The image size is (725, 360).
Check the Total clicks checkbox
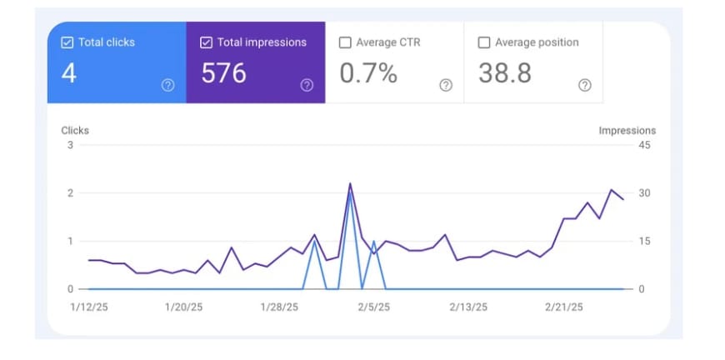point(67,42)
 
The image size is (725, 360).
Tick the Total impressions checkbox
point(207,42)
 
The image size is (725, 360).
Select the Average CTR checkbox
point(345,42)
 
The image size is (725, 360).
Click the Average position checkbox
point(484,42)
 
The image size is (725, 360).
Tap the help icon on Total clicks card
point(167,85)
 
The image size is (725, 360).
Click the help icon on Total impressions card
point(307,85)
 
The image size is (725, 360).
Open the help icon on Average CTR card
point(446,85)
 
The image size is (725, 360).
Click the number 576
point(224,73)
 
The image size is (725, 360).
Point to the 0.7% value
point(367,73)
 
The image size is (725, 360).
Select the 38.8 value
point(505,73)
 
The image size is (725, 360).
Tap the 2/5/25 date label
point(373,307)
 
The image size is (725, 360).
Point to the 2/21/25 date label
point(564,307)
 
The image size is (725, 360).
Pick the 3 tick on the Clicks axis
point(71,146)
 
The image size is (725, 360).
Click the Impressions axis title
point(627,131)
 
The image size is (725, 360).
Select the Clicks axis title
point(75,131)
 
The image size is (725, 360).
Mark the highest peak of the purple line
point(350,183)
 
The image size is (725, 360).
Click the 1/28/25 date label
point(278,307)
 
